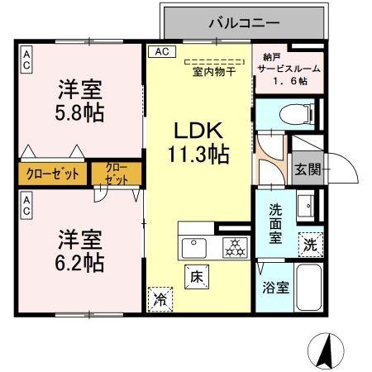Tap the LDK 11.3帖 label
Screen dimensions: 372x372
[x=200, y=141]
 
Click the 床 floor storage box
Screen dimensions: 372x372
[x=198, y=275]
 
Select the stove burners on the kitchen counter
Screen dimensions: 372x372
[x=234, y=246]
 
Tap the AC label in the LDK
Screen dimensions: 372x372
[x=160, y=51]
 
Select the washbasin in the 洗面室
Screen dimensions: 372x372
[x=304, y=203]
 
